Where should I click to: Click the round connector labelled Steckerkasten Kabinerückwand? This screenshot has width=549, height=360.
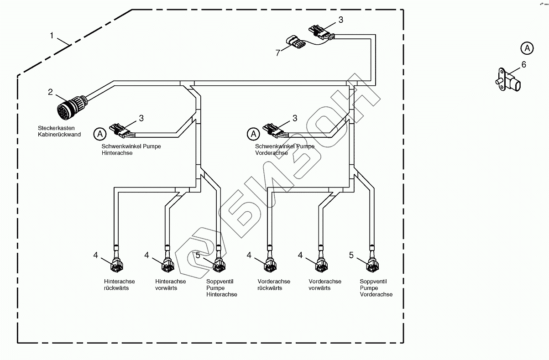pos(68,109)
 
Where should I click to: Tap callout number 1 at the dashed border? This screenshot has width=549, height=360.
pos(52,35)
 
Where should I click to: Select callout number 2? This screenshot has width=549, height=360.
pos(50,92)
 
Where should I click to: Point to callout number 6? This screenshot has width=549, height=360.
pos(523,65)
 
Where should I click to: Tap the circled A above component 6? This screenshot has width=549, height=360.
pos(527,47)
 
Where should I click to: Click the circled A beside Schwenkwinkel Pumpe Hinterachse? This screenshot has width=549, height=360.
pos(100,134)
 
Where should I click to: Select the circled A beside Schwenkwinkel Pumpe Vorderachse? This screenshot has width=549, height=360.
pos(253,134)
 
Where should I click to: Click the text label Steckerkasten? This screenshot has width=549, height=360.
pos(57,128)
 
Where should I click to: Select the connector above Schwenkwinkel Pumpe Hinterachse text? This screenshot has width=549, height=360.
pos(119,130)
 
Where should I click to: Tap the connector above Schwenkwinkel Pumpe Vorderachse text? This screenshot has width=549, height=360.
pos(272,130)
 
